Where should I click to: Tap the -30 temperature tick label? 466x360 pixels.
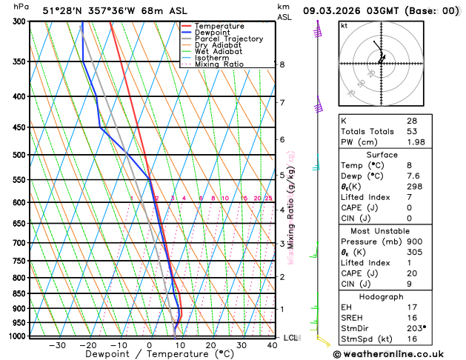pos(57,344)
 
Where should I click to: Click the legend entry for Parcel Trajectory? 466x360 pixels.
pos(229,39)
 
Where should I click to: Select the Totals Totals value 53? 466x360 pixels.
pos(411,131)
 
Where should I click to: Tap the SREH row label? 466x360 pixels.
pos(353,316)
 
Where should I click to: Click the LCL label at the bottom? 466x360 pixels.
pos(290,338)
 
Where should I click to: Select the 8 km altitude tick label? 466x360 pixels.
pos(282,64)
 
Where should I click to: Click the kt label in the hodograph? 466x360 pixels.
pos(344,26)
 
